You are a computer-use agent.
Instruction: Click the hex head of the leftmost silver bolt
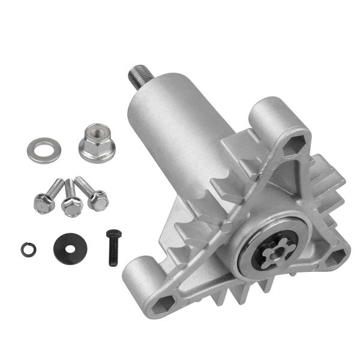[x=42, y=205]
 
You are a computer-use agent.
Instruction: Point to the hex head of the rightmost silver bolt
[x=98, y=200]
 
